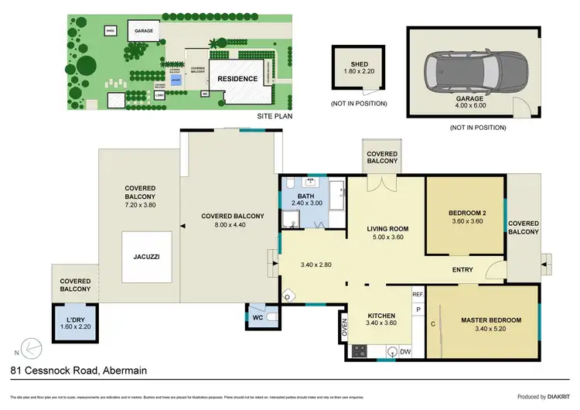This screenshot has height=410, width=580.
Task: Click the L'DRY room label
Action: (x=74, y=319)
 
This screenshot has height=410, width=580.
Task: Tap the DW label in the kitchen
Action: (x=406, y=350)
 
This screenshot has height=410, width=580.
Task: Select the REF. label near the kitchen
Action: (x=418, y=295)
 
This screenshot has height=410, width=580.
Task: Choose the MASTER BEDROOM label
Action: (x=491, y=320)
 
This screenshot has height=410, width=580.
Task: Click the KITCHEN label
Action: (x=382, y=316)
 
